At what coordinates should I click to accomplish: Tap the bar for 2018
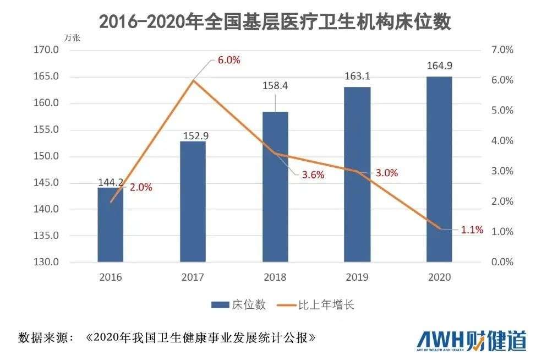pos(275,187)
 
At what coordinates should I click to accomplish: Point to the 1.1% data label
pos(472,230)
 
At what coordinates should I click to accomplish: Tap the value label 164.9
pos(439,66)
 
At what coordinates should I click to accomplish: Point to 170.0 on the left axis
pos(46,50)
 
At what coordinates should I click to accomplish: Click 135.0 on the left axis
pos(46,236)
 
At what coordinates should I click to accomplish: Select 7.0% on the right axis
pos(501,50)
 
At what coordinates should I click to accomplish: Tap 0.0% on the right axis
pos(501,262)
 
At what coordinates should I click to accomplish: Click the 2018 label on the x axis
pos(275,277)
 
